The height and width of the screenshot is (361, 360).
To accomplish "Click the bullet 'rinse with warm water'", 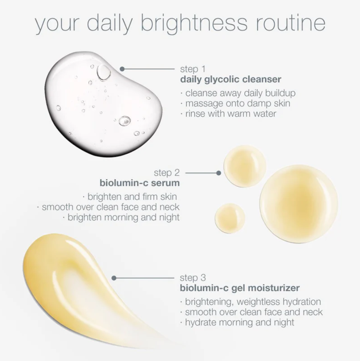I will tap(230, 113).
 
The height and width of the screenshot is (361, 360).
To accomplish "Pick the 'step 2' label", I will tap(166, 173).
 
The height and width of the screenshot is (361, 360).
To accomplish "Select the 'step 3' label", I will tap(193, 278).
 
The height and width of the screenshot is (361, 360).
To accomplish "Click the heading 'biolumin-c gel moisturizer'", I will tap(240, 288).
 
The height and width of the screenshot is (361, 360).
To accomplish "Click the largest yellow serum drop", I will tap(299, 203).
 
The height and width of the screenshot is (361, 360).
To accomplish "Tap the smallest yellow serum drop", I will tap(230, 218).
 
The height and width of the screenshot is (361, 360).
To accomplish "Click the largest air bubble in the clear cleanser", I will tap(103, 72).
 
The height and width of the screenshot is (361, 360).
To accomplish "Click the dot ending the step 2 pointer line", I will tap(219, 173).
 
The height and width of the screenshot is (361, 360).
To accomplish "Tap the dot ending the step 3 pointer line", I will tap(114, 278).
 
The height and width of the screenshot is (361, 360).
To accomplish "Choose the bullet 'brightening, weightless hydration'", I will tap(252, 302).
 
